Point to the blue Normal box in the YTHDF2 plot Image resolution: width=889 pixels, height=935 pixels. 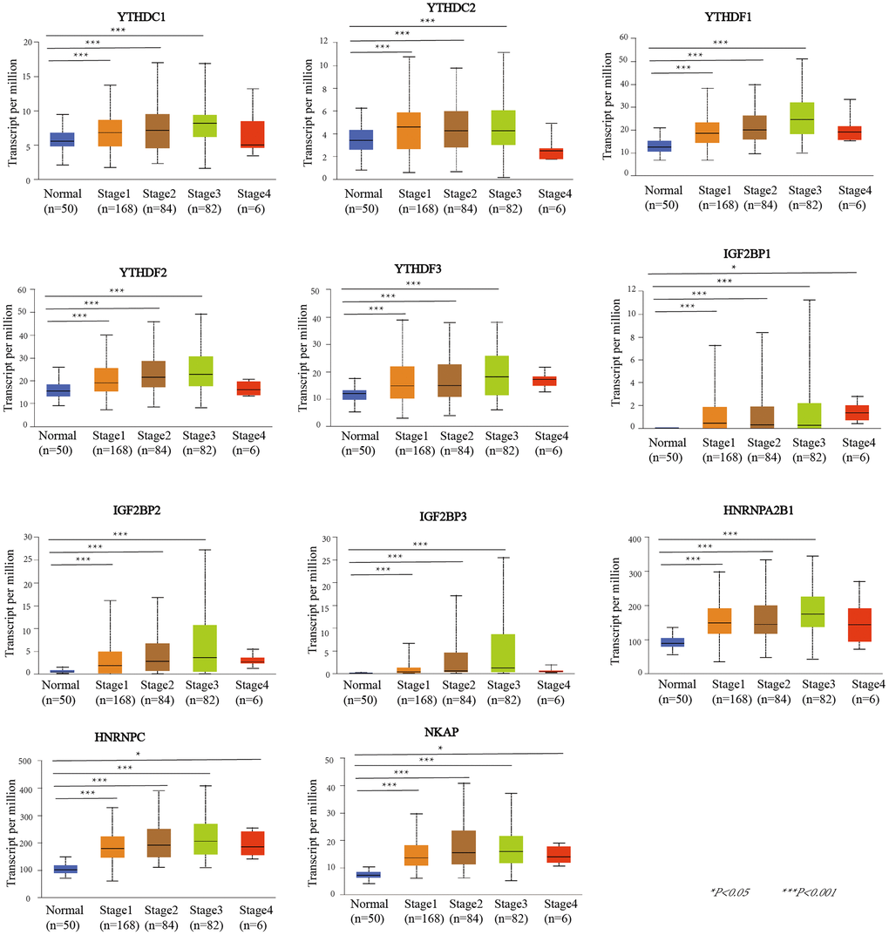pos(58,390)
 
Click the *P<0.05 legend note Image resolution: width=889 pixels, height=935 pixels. pos(730,891)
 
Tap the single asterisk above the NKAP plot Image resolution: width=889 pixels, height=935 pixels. pos(441,748)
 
